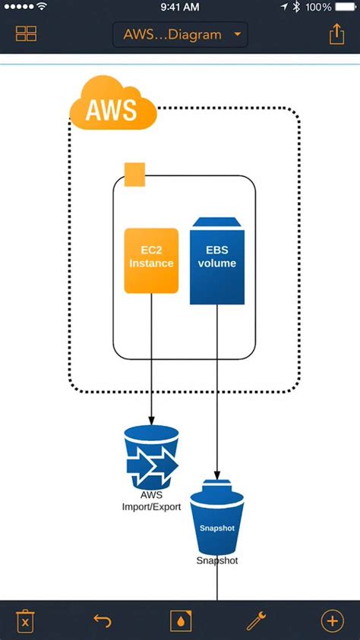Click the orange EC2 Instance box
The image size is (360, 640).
coord(151,260)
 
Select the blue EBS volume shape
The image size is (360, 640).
coord(217,262)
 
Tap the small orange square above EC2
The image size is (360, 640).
coord(134,174)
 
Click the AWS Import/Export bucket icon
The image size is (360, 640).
coord(151,457)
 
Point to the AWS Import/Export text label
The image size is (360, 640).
coord(151,501)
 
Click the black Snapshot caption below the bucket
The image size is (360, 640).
coord(217,561)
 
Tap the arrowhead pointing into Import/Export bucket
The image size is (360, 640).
coord(151,421)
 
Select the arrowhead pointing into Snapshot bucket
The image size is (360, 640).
coord(218,473)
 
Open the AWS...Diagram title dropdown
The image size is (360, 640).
coord(180,34)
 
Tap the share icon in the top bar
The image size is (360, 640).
coord(336,34)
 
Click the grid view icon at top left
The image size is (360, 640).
coord(27,34)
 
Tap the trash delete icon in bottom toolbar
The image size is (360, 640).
coord(27,621)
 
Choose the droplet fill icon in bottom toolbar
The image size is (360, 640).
coord(180,621)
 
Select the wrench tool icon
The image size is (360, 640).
coord(257,621)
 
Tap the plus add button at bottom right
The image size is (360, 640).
coord(333,621)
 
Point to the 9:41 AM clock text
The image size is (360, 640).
coord(180,7)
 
